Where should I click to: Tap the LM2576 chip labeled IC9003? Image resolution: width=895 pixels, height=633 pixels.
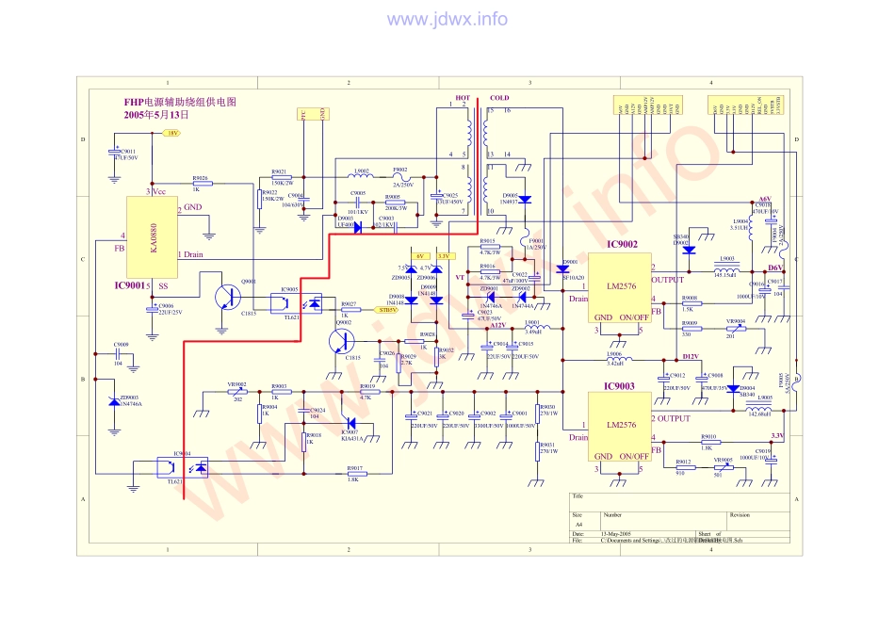tap(620, 426)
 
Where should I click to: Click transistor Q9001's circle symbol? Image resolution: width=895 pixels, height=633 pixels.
tap(228, 296)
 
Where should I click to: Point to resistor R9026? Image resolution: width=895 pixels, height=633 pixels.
tap(201, 184)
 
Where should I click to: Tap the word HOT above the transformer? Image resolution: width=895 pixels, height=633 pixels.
tap(463, 97)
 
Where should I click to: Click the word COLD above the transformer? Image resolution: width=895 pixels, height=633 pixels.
tap(499, 97)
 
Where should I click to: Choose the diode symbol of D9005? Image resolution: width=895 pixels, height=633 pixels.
tap(525, 199)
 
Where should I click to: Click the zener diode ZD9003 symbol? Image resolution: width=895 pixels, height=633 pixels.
tap(113, 401)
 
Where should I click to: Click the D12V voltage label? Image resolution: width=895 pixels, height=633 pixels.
tap(691, 356)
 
